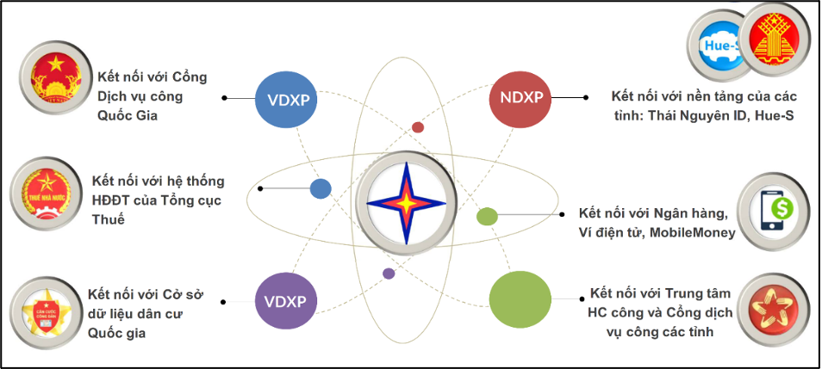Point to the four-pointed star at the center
[406, 204]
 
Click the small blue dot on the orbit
[321, 188]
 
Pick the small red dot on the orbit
[418, 127]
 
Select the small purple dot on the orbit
[389, 274]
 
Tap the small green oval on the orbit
[488, 216]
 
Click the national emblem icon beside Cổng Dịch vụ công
[56, 79]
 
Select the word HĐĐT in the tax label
[114, 200]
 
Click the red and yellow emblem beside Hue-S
[776, 39]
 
